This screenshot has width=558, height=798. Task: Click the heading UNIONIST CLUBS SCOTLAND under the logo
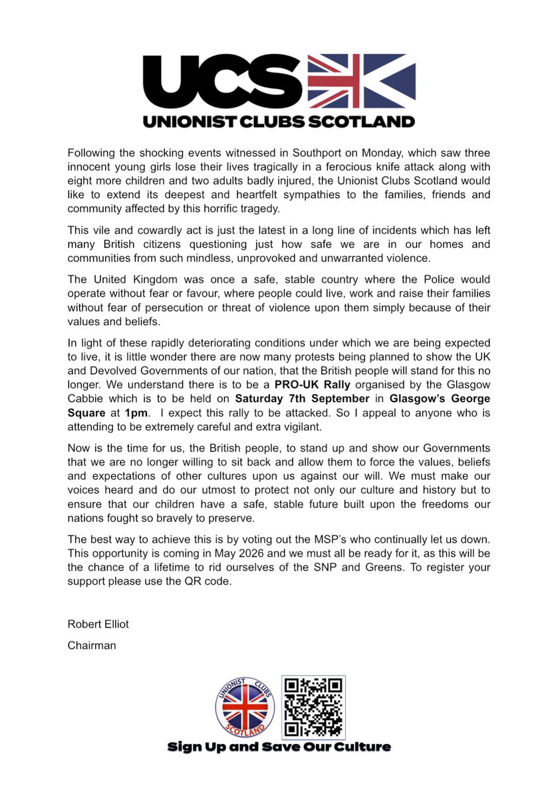(x=279, y=121)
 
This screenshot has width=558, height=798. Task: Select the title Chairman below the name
(x=92, y=644)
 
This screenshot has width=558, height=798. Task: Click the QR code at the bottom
(x=313, y=707)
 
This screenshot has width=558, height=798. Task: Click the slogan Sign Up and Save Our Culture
(x=279, y=747)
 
